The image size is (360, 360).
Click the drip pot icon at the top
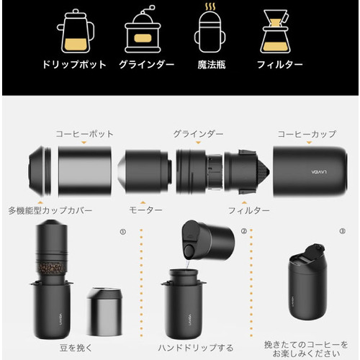pyautogui.click(x=76, y=31)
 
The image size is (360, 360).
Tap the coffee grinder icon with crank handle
pyautogui.click(x=143, y=31)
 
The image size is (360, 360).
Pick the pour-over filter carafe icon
pyautogui.click(x=275, y=31)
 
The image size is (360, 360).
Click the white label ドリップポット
pyautogui.click(x=74, y=65)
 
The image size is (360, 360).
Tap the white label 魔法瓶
pyautogui.click(x=212, y=65)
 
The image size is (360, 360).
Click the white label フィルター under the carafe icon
pyautogui.click(x=280, y=65)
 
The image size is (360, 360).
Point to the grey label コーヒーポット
pyautogui.click(x=84, y=134)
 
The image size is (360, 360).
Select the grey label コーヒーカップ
pyautogui.click(x=307, y=134)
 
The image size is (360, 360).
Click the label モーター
pyautogui.click(x=145, y=210)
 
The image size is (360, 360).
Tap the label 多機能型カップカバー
pyautogui.click(x=50, y=210)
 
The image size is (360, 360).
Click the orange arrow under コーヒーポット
pyautogui.click(x=84, y=143)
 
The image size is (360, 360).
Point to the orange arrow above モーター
pyautogui.click(x=143, y=202)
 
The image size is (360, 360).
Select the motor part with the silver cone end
pyautogui.click(x=145, y=171)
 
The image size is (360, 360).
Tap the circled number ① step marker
pyautogui.click(x=123, y=232)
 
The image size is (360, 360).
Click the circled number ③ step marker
pyautogui.click(x=343, y=231)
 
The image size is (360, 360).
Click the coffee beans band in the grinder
pyautogui.click(x=51, y=267)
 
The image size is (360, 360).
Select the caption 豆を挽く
pyautogui.click(x=76, y=348)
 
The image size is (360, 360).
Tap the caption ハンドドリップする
pyautogui.click(x=196, y=348)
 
